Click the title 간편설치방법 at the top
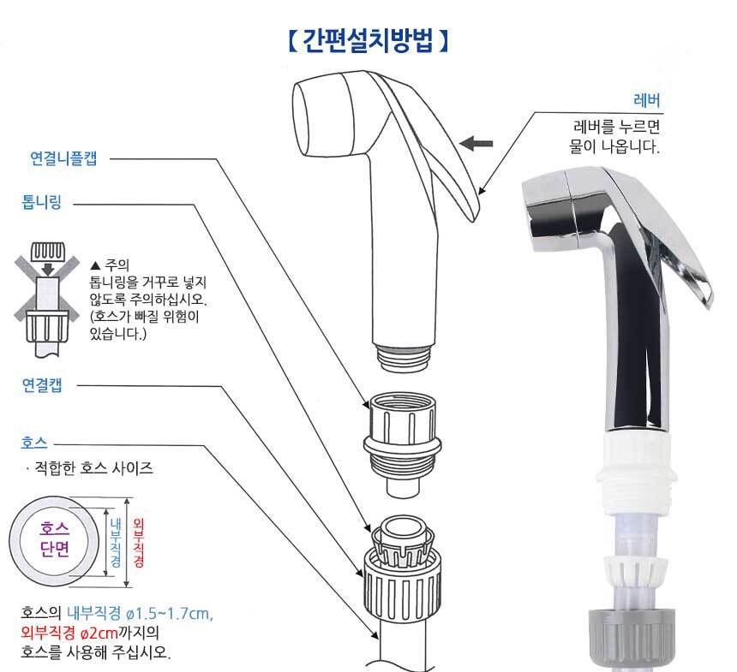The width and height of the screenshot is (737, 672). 367,41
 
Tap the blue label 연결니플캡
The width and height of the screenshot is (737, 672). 63,158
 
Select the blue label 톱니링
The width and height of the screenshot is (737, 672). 42,202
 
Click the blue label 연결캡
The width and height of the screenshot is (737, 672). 42,384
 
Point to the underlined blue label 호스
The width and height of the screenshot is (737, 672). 34,443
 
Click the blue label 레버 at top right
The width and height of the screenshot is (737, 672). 647,100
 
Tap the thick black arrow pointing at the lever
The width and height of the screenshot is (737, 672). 476,143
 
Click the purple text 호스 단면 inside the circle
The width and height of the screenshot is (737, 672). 55,538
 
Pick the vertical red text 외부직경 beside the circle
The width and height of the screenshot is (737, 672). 139,543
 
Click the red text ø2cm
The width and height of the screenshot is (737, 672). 99,633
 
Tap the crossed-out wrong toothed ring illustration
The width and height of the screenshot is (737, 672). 46,299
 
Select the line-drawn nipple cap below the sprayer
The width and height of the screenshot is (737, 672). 402,444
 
